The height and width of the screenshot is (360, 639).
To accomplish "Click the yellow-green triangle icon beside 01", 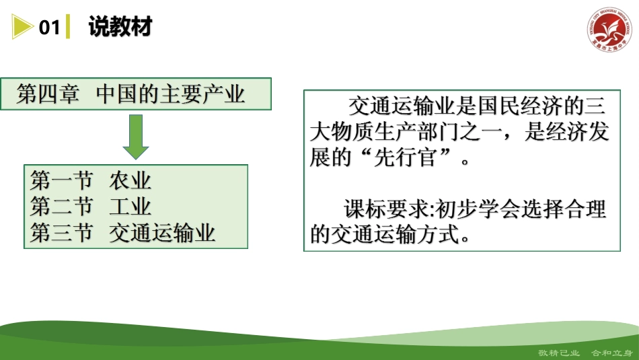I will click(22, 28).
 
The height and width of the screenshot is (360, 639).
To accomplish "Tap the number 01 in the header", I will click(50, 28).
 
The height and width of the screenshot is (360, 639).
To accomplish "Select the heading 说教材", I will click(120, 27).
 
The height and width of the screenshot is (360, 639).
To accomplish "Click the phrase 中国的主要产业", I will click(170, 94).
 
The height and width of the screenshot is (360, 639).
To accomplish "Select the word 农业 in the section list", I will click(130, 181).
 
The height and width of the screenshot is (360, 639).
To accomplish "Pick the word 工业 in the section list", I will click(130, 207).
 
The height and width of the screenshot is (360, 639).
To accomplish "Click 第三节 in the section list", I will click(61, 233).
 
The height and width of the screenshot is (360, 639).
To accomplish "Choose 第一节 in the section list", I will click(61, 181).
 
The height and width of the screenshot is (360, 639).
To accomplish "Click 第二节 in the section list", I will click(61, 207).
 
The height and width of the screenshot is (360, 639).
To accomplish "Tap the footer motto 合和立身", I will click(609, 353).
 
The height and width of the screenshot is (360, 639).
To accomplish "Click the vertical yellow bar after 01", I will click(67, 28).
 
